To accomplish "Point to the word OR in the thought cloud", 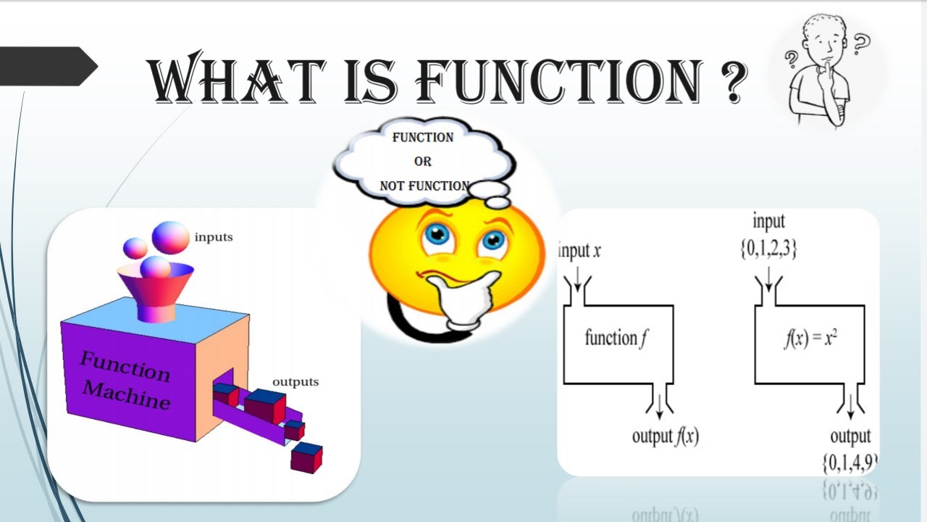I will coord(422,162).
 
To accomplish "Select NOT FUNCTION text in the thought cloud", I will coord(424,186).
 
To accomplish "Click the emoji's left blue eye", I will coord(437,234).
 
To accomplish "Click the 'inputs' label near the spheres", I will coord(214,237).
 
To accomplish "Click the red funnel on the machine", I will coord(155,290).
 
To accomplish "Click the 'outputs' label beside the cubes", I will coord(295,382).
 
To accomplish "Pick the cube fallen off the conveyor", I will coord(306,457).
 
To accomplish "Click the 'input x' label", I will coord(580,252).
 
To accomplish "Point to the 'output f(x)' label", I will coord(666,436).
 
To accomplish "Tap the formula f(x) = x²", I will coord(810,339).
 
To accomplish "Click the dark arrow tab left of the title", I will coord(45,67).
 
